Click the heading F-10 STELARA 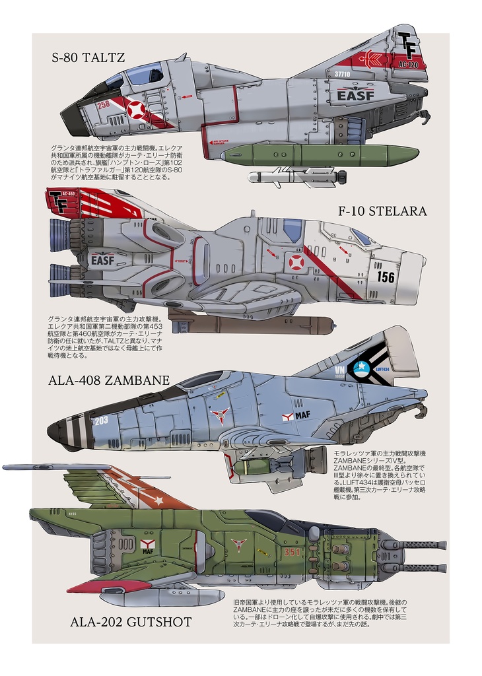pos(382,211)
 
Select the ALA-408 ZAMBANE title pos(109,380)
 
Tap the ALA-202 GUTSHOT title pos(131,622)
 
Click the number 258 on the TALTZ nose pos(104,104)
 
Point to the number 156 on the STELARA pos(386,277)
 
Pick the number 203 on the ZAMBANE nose pos(101,420)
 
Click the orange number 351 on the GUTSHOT pos(293,552)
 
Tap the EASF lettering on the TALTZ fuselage pos(355,96)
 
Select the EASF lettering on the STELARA pos(102,260)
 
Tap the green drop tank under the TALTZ pos(320,155)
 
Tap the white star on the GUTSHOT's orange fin pos(158,500)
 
